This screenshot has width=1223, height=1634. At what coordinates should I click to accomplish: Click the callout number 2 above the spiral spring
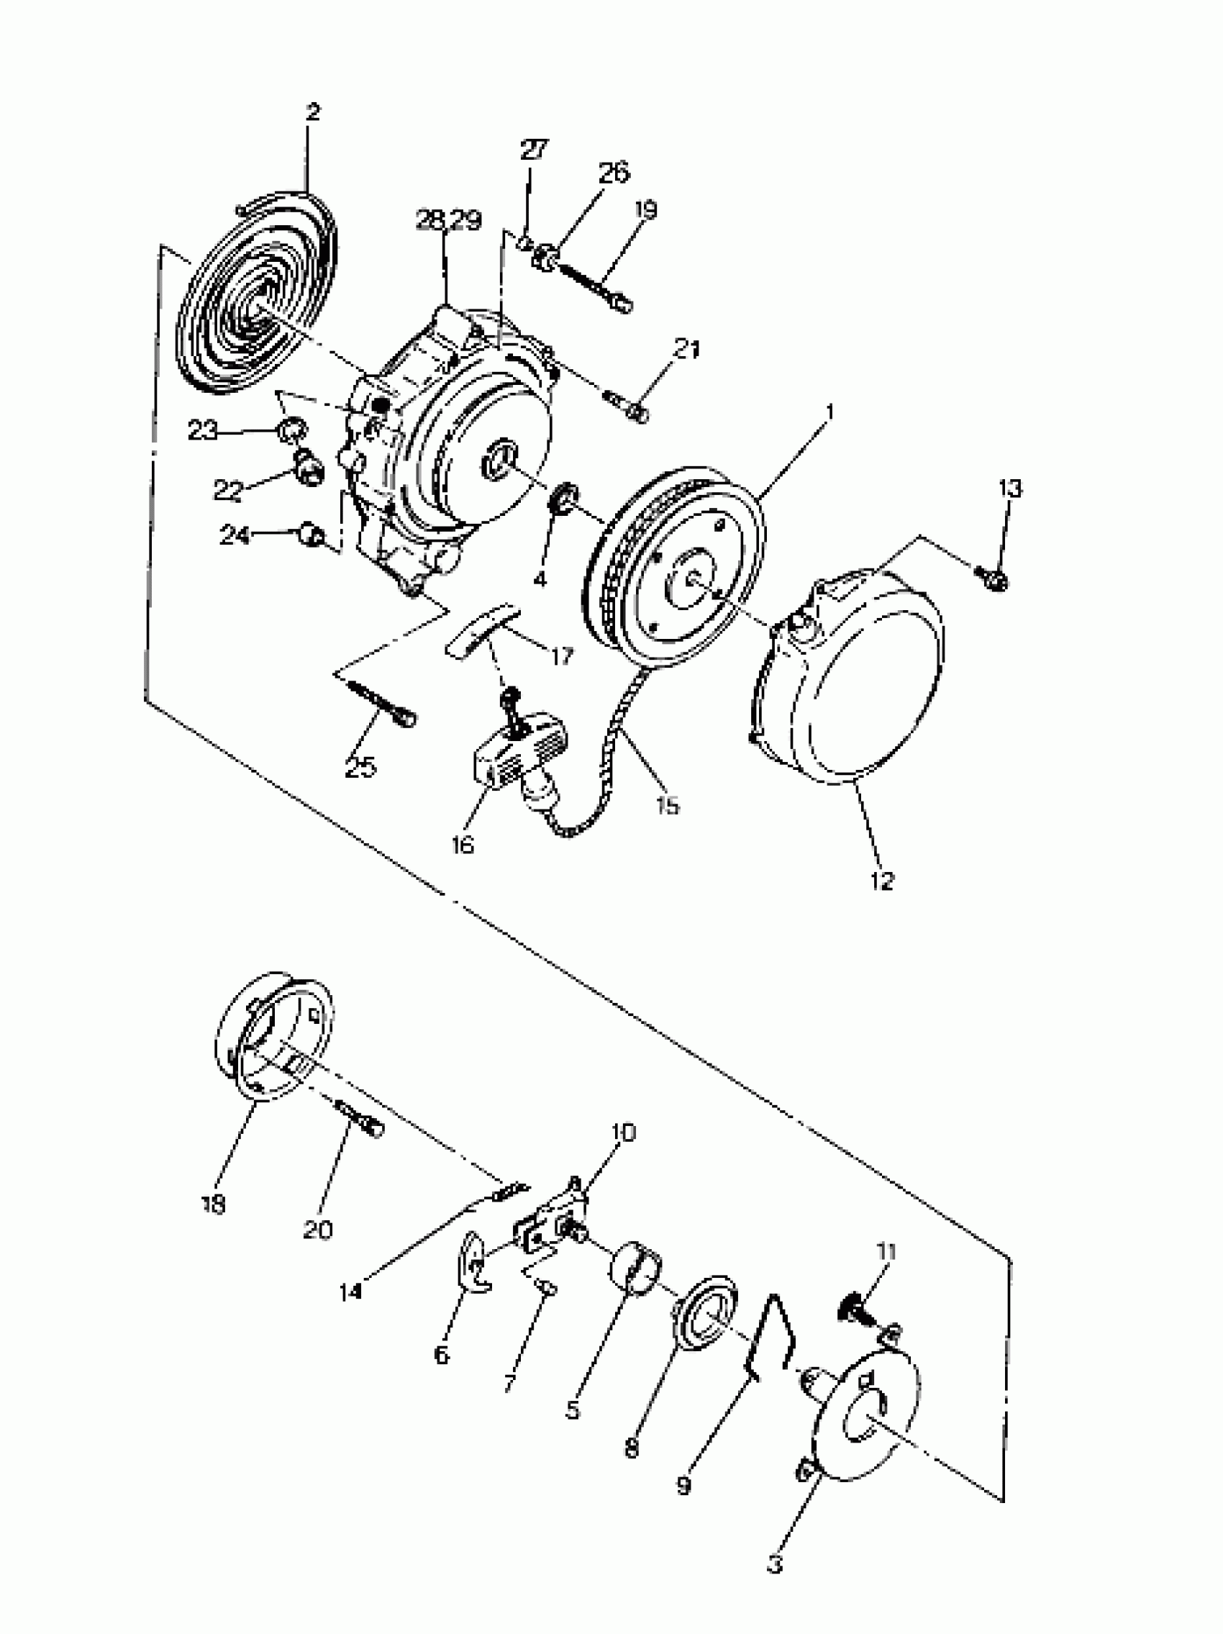click(312, 113)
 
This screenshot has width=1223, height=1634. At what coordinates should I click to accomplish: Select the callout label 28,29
click(448, 220)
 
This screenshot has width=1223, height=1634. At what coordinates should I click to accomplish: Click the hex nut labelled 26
click(545, 257)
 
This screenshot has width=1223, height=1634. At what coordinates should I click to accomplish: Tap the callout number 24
click(235, 535)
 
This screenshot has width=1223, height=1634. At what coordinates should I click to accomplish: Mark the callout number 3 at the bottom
click(774, 1564)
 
